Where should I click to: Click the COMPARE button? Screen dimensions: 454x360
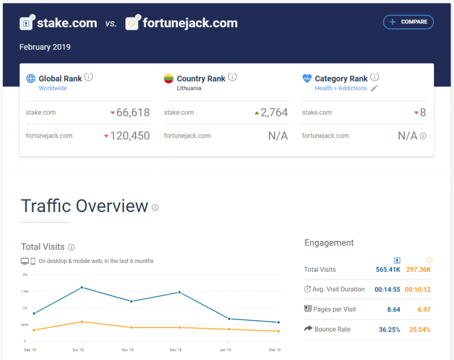pos(408,22)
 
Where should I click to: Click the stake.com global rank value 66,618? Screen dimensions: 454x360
pos(133,112)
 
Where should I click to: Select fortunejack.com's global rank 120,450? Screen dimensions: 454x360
pos(130,135)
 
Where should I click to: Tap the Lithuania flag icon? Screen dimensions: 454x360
pos(169,78)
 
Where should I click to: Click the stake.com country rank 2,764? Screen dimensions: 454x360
pos(274,112)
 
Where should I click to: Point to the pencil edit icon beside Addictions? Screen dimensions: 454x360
pos(374,88)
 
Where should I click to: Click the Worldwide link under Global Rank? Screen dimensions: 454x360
pos(53,88)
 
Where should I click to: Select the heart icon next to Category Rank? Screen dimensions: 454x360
pos(307,78)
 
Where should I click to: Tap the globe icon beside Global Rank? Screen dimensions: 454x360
pos(31,78)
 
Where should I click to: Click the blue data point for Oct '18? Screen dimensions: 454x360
pos(82,287)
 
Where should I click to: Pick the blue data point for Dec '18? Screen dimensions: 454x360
pos(179,293)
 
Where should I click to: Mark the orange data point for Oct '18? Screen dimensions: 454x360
pos(82,322)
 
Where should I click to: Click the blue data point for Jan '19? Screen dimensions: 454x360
pos(229,319)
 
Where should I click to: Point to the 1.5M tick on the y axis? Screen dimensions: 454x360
pos(25,291)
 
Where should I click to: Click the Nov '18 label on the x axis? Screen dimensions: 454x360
pos(128,350)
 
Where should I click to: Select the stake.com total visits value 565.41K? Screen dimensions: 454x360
pos(388,269)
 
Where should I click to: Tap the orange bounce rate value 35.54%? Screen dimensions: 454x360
pos(420,329)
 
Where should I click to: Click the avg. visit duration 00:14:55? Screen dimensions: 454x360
pos(388,290)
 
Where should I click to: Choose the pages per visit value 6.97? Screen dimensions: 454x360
pos(424,310)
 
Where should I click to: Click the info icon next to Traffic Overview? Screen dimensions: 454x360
pos(155,207)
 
